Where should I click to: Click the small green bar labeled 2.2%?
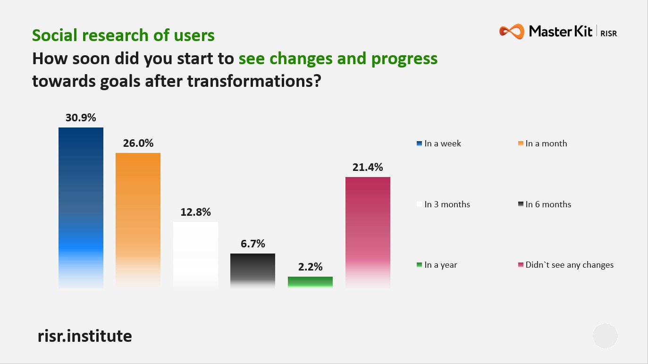(x=310, y=282)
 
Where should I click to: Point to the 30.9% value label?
(x=81, y=118)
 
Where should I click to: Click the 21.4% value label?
(x=368, y=167)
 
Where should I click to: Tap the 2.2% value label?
(x=310, y=267)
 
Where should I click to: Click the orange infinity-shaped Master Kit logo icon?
(x=512, y=32)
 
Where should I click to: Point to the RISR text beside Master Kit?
(x=608, y=33)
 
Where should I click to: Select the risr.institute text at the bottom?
(x=84, y=336)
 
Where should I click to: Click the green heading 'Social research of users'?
(x=123, y=35)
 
